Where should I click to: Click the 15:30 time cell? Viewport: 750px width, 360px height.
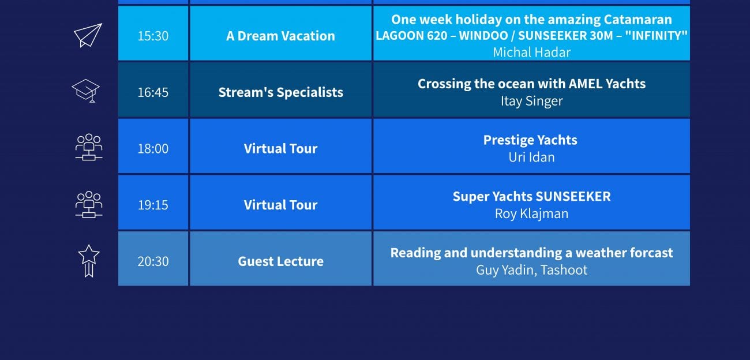tap(153, 33)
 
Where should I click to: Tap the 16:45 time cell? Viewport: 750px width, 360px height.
tap(153, 90)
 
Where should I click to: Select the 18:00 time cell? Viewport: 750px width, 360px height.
tap(153, 146)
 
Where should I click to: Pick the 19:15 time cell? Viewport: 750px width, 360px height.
tap(153, 202)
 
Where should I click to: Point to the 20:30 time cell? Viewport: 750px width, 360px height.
tap(153, 258)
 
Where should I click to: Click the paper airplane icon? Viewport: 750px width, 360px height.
tap(88, 36)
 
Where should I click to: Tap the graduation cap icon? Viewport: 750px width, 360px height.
tap(86, 91)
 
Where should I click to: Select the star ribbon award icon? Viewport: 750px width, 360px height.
tap(89, 261)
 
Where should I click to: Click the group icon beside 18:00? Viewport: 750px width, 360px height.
tap(89, 147)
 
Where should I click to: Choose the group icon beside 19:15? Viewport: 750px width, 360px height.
tap(89, 204)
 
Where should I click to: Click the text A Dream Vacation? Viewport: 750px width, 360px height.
tap(280, 36)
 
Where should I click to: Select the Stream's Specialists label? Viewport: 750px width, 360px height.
tap(280, 92)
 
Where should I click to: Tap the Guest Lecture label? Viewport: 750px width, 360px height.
tap(280, 261)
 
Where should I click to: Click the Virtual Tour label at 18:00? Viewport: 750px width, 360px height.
tap(280, 148)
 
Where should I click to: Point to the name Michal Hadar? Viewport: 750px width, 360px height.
tap(532, 52)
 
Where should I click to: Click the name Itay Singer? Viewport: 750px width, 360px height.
tap(532, 101)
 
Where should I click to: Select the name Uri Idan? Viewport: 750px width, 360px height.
tap(532, 157)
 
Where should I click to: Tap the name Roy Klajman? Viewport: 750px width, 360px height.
tap(532, 213)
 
